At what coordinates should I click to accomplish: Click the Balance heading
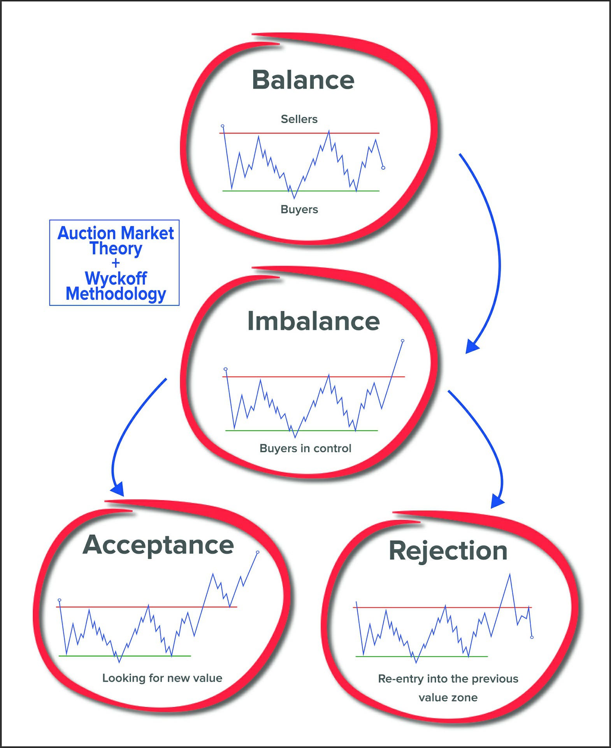click(x=303, y=80)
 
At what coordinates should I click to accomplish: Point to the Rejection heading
click(x=448, y=551)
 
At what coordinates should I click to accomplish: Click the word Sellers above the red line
click(x=299, y=119)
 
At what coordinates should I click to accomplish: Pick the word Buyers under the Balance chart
click(x=299, y=210)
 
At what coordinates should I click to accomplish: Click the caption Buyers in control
click(x=305, y=448)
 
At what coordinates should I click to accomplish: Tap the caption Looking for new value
click(x=162, y=678)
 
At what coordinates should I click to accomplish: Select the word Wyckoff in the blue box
click(x=116, y=278)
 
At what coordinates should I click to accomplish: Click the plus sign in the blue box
click(x=116, y=263)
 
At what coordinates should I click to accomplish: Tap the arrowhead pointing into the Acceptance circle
click(x=117, y=489)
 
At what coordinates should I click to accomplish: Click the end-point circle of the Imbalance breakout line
click(x=402, y=341)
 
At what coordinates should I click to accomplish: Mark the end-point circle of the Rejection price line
click(x=532, y=637)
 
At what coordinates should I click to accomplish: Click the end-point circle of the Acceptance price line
click(x=258, y=552)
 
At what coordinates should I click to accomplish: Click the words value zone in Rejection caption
click(x=448, y=697)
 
